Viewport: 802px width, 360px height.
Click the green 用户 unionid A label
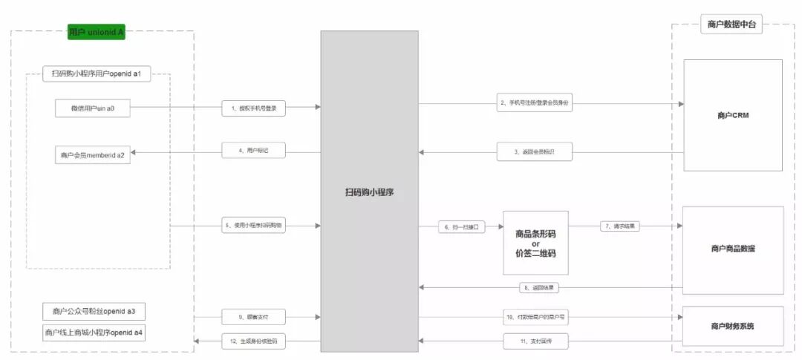click(95, 32)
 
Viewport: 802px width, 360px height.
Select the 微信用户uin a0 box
click(92, 108)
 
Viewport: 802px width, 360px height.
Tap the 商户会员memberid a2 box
click(92, 155)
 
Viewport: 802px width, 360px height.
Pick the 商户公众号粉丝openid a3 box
click(94, 311)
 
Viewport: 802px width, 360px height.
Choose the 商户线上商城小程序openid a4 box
click(94, 333)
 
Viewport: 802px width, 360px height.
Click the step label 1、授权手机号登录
click(254, 108)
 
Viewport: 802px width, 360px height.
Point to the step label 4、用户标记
click(254, 151)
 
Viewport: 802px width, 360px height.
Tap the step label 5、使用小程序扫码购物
click(254, 225)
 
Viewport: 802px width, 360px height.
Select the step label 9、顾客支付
click(254, 317)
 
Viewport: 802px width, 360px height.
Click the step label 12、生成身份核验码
click(254, 341)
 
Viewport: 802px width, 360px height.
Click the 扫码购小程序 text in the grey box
click(369, 192)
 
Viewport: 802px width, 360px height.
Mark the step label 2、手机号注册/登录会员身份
click(535, 104)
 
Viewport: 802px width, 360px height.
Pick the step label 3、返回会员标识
click(535, 152)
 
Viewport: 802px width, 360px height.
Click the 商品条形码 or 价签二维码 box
click(535, 243)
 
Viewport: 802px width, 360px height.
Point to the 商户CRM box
click(733, 115)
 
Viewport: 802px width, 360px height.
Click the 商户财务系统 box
click(733, 326)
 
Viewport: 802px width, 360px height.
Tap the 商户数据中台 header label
click(731, 25)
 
